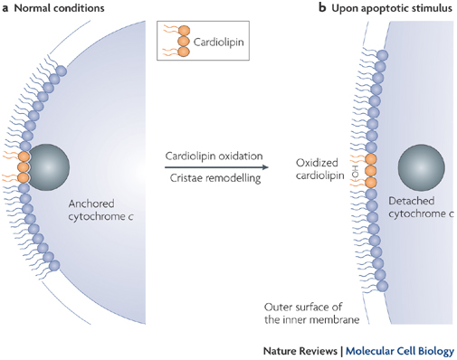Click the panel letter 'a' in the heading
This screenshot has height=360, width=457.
point(5,9)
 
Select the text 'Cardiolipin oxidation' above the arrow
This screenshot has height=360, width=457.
point(210,155)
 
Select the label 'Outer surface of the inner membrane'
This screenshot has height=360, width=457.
point(309,310)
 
